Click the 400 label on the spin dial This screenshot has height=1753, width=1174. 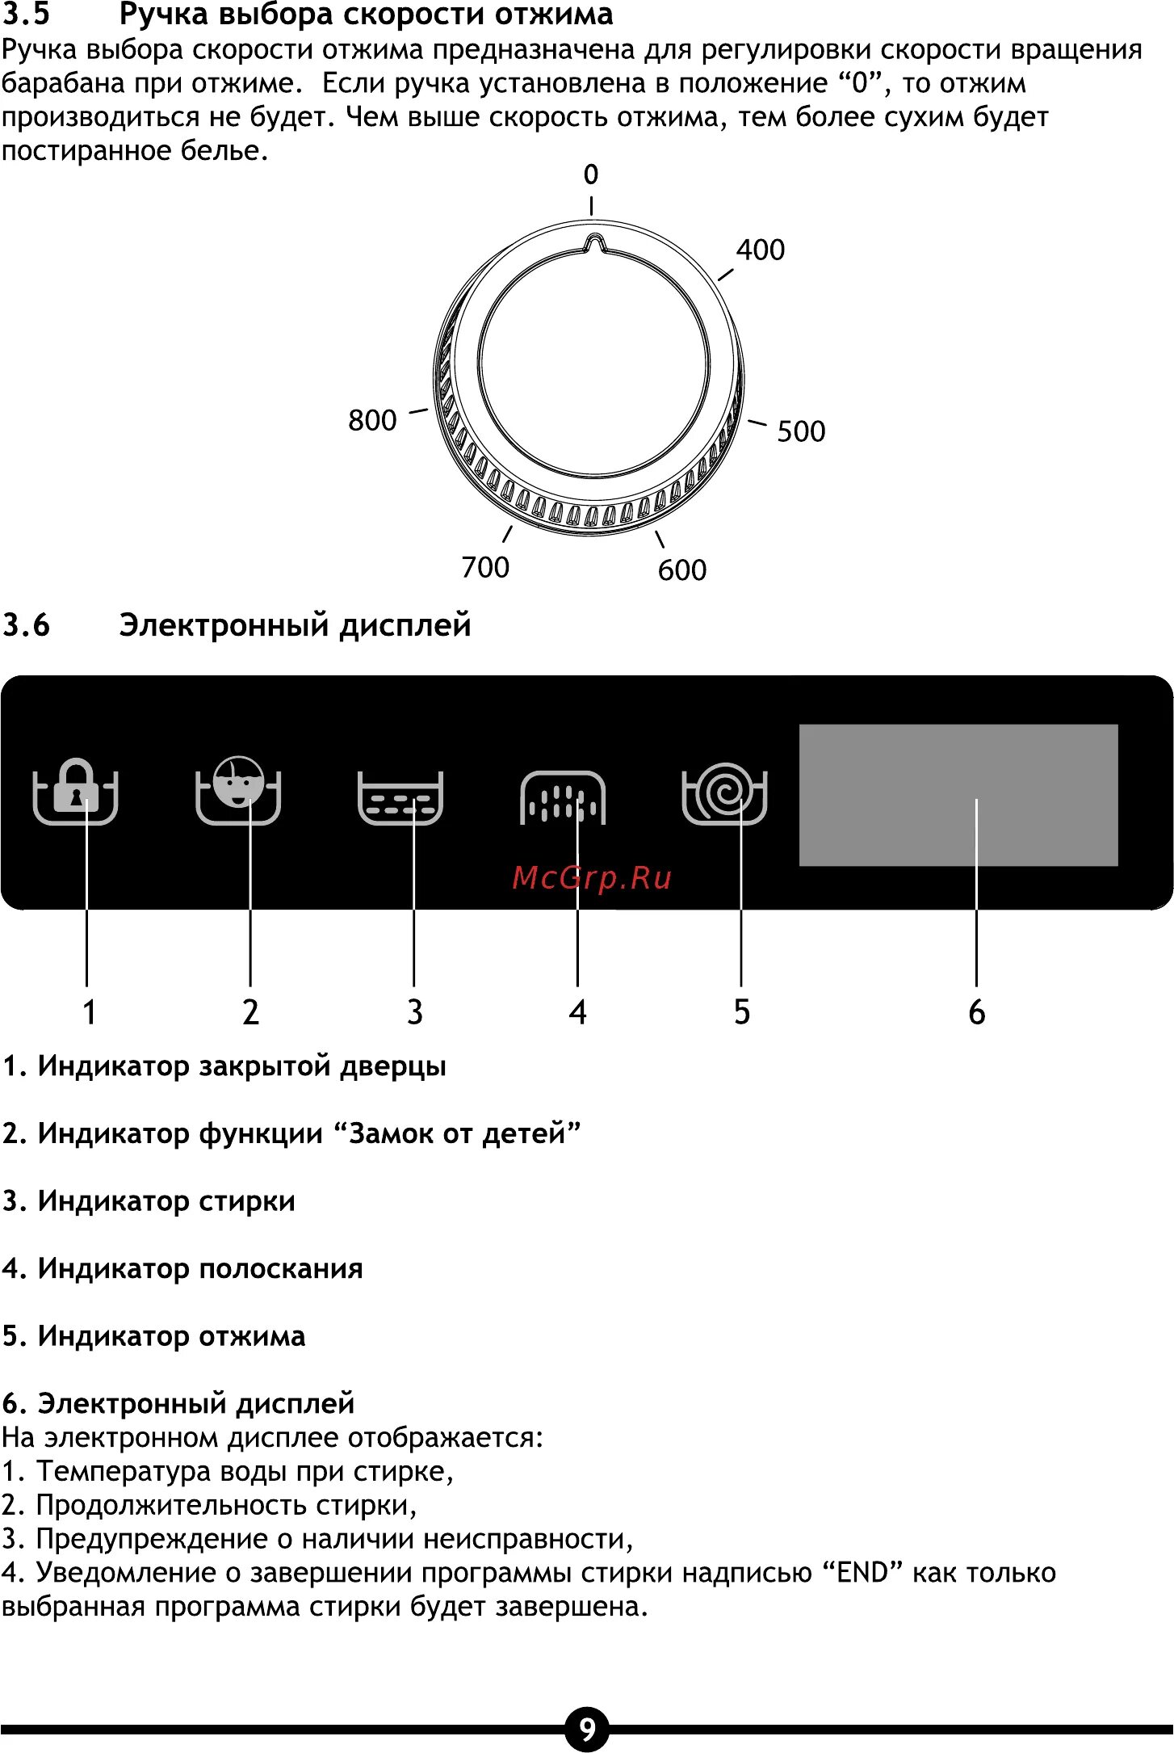(760, 250)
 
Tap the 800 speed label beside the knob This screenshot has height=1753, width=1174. (372, 420)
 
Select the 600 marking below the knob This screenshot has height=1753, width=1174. (682, 570)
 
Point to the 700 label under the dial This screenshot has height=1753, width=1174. (485, 567)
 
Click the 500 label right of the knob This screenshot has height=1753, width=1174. (801, 431)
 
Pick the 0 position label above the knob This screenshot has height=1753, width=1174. (591, 174)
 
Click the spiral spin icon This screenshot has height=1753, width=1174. (725, 793)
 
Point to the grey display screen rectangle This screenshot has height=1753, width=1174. (958, 795)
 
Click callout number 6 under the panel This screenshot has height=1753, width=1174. (977, 1012)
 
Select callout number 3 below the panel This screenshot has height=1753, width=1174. (414, 1012)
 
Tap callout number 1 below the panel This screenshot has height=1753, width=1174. (89, 1012)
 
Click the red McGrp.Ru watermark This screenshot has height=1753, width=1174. (592, 878)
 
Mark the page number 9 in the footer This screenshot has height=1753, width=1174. (587, 1730)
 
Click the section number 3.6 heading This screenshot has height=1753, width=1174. (26, 625)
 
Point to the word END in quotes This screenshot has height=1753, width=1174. (862, 1573)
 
